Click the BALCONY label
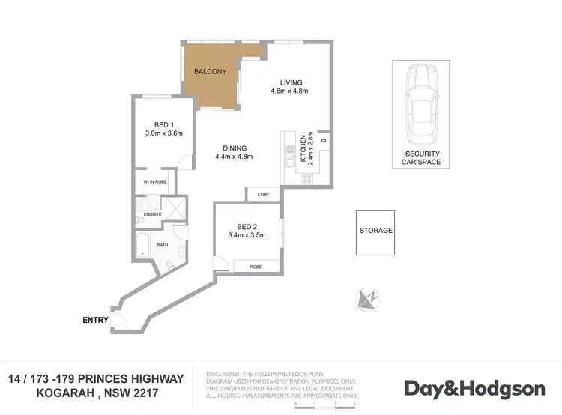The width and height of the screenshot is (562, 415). pyautogui.click(x=206, y=72)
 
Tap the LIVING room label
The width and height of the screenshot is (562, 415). pyautogui.click(x=290, y=83)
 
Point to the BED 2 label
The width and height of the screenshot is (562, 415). pyautogui.click(x=247, y=227)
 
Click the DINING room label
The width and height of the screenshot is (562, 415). pyautogui.click(x=234, y=148)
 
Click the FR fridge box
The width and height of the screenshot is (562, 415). pyautogui.click(x=324, y=141)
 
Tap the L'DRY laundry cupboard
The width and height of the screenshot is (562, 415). pyautogui.click(x=263, y=195)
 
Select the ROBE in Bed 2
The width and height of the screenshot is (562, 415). pyautogui.click(x=256, y=266)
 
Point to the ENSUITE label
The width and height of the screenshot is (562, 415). pyautogui.click(x=153, y=214)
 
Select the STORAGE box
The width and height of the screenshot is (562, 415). pyautogui.click(x=375, y=231)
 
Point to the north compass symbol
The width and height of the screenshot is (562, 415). pyautogui.click(x=368, y=300)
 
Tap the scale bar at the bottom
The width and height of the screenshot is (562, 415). pyautogui.click(x=326, y=403)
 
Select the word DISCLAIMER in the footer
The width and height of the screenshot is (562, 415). pyautogui.click(x=223, y=372)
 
